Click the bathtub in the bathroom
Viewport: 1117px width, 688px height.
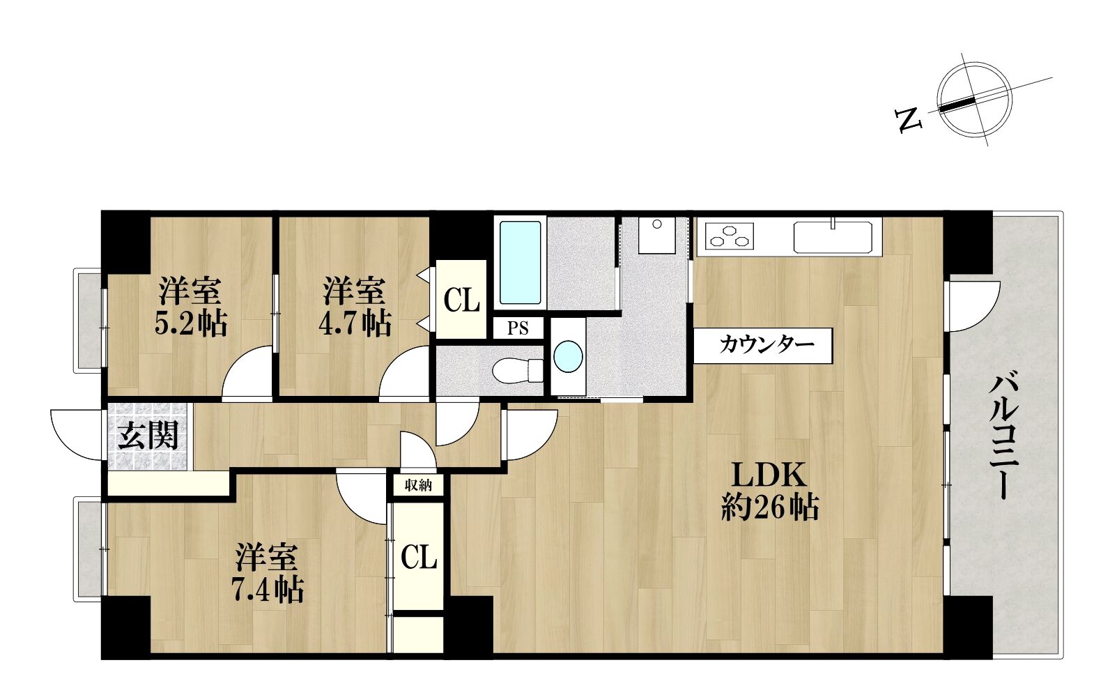point(520,262)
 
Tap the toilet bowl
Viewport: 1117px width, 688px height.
point(517,370)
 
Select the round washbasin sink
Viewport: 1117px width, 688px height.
point(568,356)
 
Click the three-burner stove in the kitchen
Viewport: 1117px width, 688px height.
point(729,236)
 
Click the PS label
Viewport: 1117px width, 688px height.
point(518,328)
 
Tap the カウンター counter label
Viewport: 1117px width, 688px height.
point(767,345)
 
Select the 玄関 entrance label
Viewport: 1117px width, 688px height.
point(148,436)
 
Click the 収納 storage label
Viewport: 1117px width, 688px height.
point(418,485)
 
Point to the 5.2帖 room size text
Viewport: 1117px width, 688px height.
point(191,323)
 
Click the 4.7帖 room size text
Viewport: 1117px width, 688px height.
point(355,323)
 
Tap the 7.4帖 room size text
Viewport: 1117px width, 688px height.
point(268,589)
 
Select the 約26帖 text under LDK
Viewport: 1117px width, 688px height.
point(769,507)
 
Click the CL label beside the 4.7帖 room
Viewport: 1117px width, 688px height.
point(461,300)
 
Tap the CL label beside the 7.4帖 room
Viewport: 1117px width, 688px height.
point(419,557)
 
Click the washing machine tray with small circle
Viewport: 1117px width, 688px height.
point(656,236)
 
